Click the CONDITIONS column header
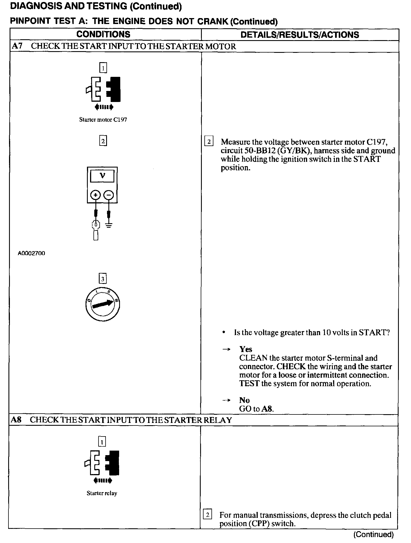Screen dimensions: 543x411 click(103, 34)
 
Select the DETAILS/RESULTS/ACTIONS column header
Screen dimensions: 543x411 click(299, 35)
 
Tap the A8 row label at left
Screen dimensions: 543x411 click(16, 420)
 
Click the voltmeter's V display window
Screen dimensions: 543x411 click(102, 176)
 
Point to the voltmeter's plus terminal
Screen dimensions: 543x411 click(96, 195)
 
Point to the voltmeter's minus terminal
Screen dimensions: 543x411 click(109, 195)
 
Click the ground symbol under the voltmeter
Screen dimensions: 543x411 click(109, 225)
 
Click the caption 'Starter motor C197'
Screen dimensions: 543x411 click(103, 120)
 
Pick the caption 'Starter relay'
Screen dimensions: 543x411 click(102, 493)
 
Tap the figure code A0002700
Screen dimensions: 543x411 click(31, 253)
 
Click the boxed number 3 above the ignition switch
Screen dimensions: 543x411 click(102, 279)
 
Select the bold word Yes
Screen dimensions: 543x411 click(246, 349)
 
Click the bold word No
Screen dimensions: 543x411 click(244, 400)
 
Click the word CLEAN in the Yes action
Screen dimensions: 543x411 click(253, 358)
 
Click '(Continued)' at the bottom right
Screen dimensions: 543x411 click(373, 534)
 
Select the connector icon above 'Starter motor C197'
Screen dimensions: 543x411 click(103, 90)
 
